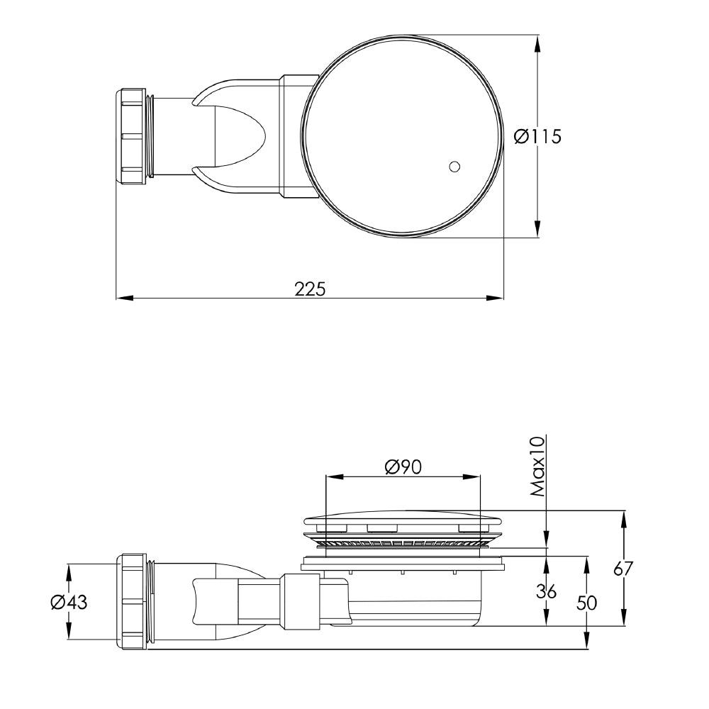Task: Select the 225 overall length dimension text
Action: [309, 289]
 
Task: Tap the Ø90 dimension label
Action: [403, 467]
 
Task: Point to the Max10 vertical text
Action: [537, 466]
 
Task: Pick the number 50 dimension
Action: [586, 603]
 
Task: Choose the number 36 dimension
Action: [546, 591]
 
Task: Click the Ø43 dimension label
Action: [69, 602]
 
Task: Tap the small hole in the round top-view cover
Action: [454, 167]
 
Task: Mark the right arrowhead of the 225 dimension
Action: [497, 298]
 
